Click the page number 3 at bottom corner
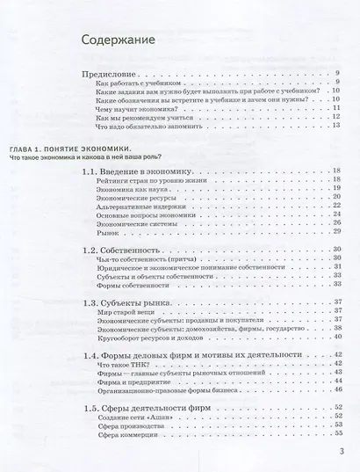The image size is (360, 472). pyautogui.click(x=342, y=454)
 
